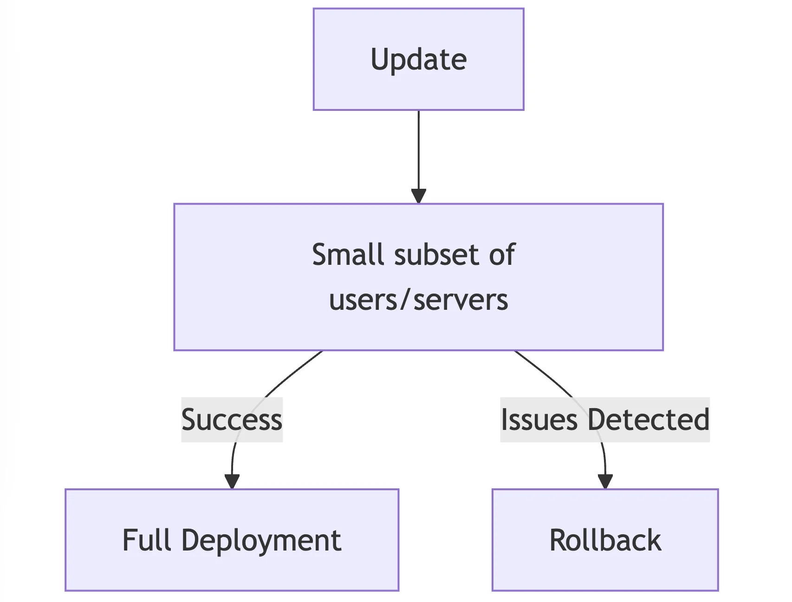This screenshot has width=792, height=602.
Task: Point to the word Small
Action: coord(351,255)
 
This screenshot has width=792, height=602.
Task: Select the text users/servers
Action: coord(418,300)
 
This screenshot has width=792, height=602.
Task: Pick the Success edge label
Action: coord(232,420)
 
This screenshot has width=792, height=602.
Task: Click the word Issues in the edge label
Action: coord(539,420)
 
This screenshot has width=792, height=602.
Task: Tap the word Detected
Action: coord(648,420)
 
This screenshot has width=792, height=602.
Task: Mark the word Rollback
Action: coord(605,540)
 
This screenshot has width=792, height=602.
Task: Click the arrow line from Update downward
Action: coord(418,148)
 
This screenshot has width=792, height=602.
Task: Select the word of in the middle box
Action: coord(501,255)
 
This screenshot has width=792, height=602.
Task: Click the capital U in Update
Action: coord(379,59)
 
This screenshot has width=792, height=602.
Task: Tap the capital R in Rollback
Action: coord(558,540)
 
